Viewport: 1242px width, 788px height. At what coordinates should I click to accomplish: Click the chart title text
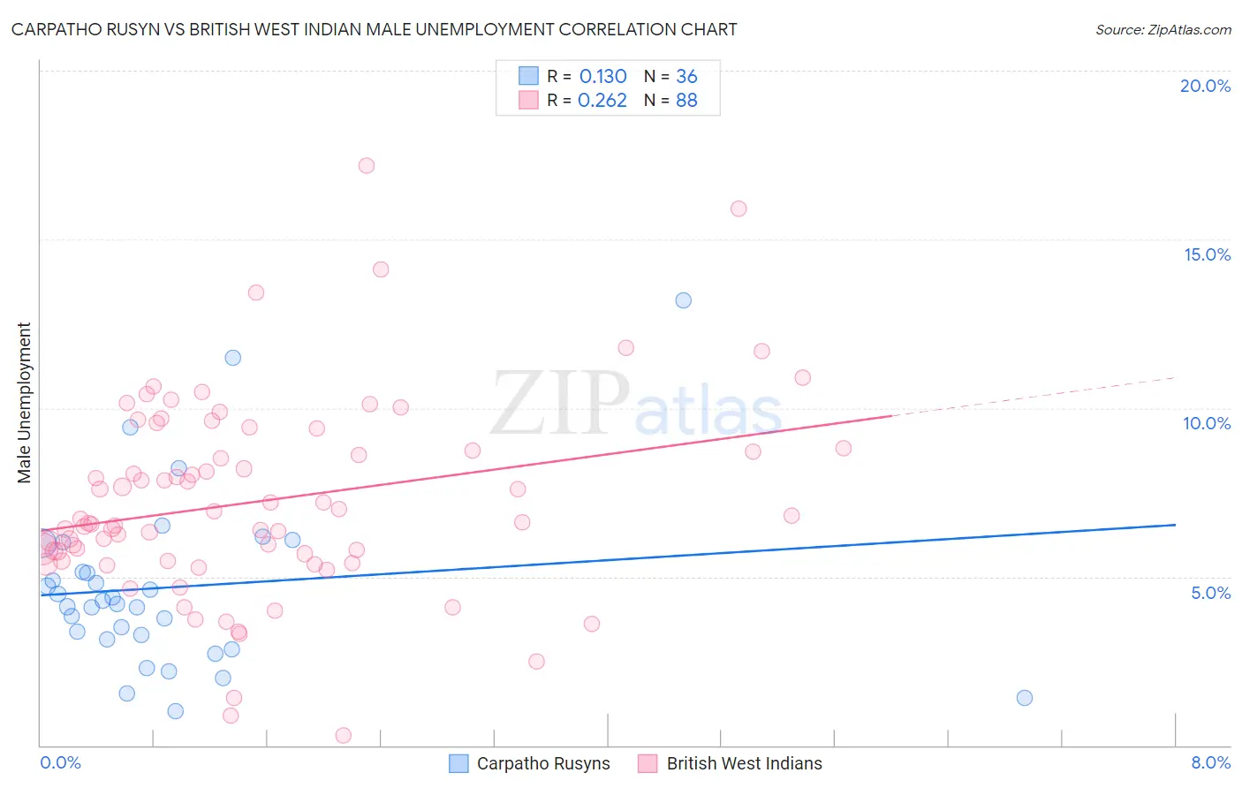click(x=374, y=29)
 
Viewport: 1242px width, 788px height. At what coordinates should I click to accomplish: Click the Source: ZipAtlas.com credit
click(x=1162, y=30)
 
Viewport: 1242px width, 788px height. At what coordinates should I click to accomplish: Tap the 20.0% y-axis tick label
click(x=1205, y=86)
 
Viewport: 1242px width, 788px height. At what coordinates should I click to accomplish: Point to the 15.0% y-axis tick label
click(x=1207, y=254)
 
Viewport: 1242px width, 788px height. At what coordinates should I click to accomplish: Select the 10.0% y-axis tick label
click(x=1207, y=423)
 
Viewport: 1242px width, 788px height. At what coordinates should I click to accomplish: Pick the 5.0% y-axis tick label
click(x=1210, y=593)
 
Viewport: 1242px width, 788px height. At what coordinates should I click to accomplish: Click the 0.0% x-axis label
click(x=60, y=762)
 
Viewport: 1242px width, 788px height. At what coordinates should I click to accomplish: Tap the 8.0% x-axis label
click(x=1210, y=762)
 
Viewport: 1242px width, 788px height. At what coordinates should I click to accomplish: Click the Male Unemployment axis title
click(x=24, y=403)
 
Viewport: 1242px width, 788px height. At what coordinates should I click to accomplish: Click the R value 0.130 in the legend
click(x=602, y=77)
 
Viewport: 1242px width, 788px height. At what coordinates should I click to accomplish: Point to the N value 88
click(x=686, y=101)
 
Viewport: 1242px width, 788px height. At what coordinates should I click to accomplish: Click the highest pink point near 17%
click(x=367, y=166)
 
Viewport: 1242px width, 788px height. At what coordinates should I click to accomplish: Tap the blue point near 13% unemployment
click(x=683, y=300)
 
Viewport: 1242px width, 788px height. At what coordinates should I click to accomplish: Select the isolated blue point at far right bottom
click(x=1025, y=698)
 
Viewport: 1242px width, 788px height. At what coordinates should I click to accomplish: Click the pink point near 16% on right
click(x=738, y=209)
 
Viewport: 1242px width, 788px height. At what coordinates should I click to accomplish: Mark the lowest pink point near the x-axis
click(x=344, y=735)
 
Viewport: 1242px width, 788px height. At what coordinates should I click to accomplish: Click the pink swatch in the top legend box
click(x=528, y=100)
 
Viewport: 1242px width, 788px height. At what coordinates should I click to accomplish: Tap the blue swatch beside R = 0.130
click(x=528, y=76)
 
